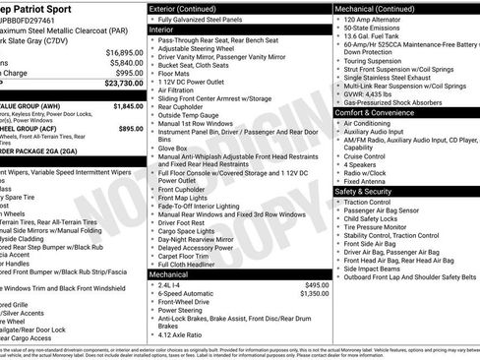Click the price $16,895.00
[x=124, y=51]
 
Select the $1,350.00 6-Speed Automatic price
[x=311, y=294]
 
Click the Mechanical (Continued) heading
[x=377, y=8]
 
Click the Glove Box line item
[x=176, y=150]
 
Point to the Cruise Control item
[x=364, y=155]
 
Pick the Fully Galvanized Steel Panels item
[x=204, y=20]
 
